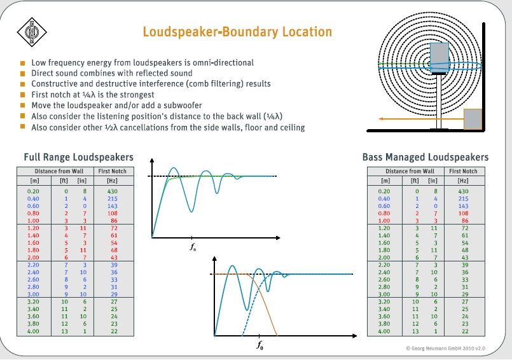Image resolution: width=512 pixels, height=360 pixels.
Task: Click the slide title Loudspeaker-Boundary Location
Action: pos(237,32)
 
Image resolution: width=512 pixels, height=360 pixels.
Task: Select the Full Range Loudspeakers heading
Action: pos(78,157)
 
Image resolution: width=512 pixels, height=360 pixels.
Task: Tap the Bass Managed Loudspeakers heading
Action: pos(425,157)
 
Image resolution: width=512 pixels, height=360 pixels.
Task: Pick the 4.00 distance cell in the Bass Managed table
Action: pos(384,331)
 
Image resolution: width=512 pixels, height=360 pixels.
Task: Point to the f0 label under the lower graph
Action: pos(259,346)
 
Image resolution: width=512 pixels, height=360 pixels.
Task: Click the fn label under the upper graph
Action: pos(193,247)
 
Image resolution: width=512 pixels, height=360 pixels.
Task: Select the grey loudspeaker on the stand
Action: pos(439,58)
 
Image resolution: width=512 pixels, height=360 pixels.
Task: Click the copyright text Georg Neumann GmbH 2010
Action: pos(445,349)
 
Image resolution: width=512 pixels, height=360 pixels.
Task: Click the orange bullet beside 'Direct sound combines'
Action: pos(23,74)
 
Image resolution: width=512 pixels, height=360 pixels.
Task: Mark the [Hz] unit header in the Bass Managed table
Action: pos(463,181)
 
